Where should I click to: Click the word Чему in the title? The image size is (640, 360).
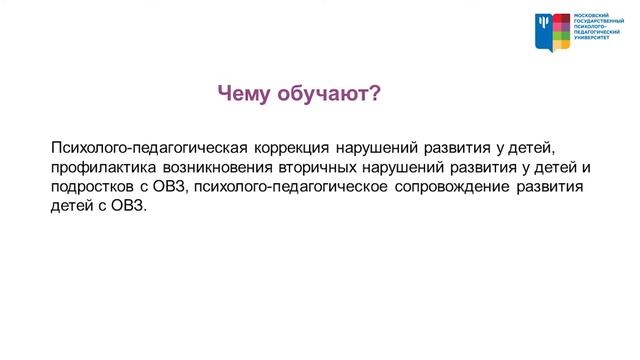pos(245,94)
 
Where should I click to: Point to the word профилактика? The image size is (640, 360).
pos(97,168)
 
